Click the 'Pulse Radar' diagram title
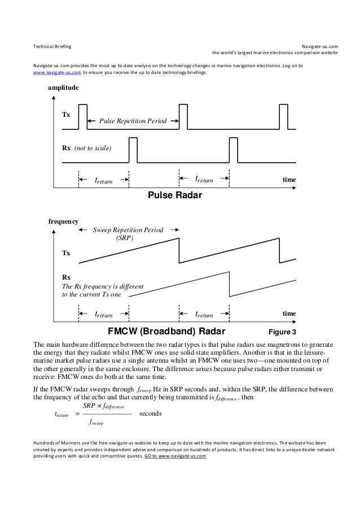(174, 195)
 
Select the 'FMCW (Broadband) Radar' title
(166, 330)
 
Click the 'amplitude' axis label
(63, 89)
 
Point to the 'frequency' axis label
(63, 222)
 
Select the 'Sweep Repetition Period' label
(128, 231)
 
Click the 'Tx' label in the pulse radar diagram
(66, 114)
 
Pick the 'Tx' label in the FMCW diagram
(66, 253)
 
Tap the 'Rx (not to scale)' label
(86, 148)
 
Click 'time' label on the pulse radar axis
(289, 180)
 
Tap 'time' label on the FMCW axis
(289, 313)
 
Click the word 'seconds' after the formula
(150, 413)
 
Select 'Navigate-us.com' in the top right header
(319, 45)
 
